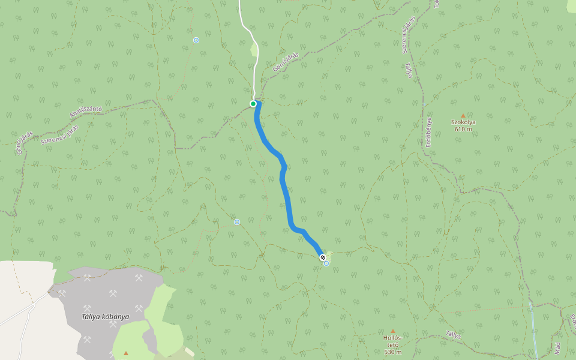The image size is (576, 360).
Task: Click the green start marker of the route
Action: pyautogui.click(x=253, y=104)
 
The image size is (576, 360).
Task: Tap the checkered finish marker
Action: pyautogui.click(x=322, y=257)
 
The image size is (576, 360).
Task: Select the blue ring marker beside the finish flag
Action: pyautogui.click(x=326, y=263)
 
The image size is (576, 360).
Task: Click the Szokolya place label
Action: pyautogui.click(x=463, y=122)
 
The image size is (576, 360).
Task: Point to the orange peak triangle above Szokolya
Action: pyautogui.click(x=463, y=115)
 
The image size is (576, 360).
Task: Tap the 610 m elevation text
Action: pyautogui.click(x=463, y=129)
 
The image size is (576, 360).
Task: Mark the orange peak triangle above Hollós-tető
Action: pyautogui.click(x=393, y=331)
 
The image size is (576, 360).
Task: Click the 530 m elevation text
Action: pyautogui.click(x=392, y=352)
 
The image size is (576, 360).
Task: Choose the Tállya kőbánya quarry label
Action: pyautogui.click(x=106, y=317)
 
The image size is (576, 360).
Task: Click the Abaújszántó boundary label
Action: pyautogui.click(x=86, y=112)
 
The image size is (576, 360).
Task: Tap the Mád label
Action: pyautogui.click(x=557, y=347)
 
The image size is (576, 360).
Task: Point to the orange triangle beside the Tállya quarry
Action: pyautogui.click(x=126, y=353)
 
